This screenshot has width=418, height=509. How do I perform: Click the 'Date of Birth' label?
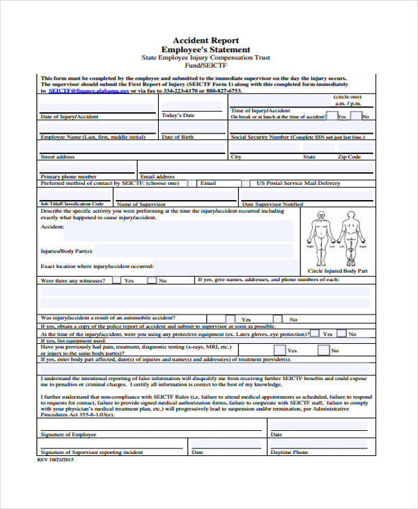178,137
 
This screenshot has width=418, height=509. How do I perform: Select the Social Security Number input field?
299,128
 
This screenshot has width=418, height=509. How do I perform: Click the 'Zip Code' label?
349,158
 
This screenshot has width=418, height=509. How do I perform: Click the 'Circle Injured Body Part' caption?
337,270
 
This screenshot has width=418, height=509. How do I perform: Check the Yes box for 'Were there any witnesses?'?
118,280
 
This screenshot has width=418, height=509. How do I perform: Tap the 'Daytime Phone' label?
289,453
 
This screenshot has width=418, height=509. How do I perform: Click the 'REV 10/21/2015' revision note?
55,460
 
